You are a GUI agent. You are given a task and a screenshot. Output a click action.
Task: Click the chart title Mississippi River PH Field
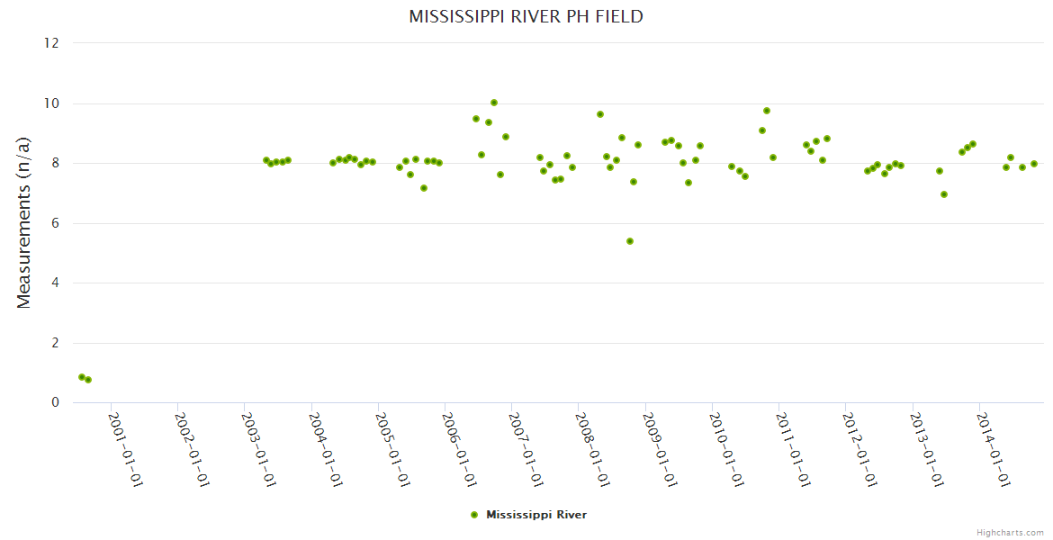[526, 16]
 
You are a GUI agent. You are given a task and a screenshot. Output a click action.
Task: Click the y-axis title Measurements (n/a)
[24, 221]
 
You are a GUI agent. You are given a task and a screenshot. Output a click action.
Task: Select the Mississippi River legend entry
[535, 515]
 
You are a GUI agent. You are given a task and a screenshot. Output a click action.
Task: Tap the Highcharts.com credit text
[1010, 532]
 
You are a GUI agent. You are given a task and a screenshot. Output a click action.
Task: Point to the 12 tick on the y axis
[51, 43]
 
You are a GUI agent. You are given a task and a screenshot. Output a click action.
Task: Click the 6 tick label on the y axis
[55, 223]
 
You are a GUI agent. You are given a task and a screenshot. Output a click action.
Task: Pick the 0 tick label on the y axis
[55, 403]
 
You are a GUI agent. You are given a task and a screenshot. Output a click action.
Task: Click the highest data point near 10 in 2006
[494, 103]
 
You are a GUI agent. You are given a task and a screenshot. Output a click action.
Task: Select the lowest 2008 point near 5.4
[630, 241]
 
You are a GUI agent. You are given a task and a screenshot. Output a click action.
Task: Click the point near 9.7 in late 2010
[767, 111]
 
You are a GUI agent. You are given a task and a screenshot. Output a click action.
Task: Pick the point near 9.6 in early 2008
[600, 114]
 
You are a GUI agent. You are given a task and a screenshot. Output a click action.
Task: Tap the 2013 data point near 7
[944, 194]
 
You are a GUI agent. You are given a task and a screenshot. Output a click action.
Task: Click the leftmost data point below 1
[82, 377]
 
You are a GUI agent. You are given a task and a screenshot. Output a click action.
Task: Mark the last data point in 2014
[1034, 164]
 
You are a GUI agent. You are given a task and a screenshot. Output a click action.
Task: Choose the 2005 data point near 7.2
[424, 188]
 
